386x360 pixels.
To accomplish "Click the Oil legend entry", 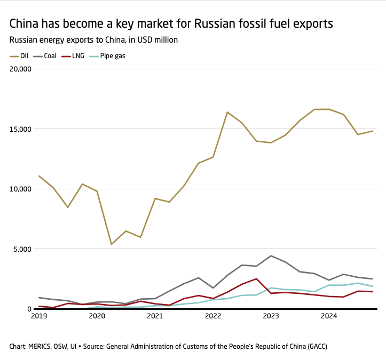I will [20, 55].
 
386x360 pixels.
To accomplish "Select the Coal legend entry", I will [46, 55].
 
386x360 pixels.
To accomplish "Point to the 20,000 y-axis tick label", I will [21, 69].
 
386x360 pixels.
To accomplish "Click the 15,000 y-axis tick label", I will [21, 129].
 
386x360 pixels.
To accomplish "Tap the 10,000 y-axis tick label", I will [21, 189].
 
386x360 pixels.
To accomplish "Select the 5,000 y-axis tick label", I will [22, 249].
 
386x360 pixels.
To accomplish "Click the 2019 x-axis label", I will [38, 316].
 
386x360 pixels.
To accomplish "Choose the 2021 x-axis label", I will [155, 316].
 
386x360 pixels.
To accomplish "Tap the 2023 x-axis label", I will [271, 316].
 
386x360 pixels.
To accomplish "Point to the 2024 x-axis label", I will [329, 316].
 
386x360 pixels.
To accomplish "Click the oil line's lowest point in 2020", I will [111, 244].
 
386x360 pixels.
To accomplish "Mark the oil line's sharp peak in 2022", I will [227, 112].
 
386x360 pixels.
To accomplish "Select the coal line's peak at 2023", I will [271, 256].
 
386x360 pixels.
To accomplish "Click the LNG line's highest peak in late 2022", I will [257, 278].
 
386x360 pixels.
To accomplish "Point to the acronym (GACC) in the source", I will [314, 347].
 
